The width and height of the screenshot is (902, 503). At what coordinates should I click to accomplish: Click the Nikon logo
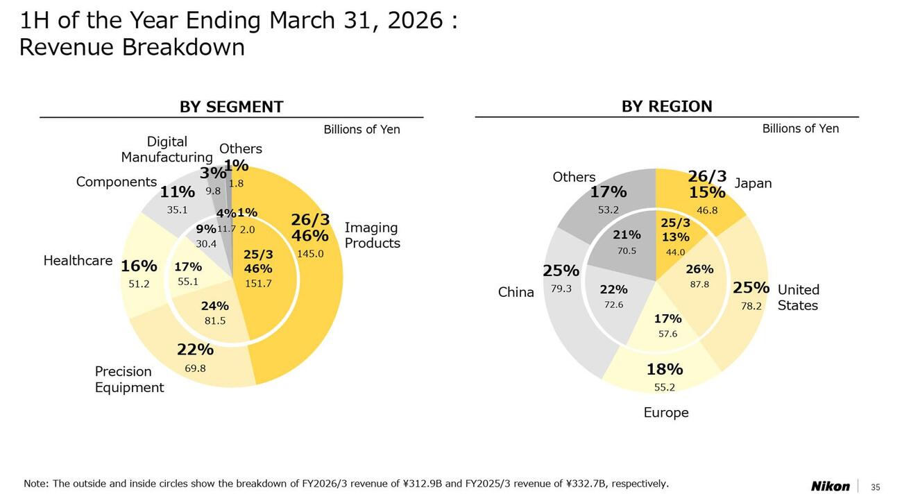[x=830, y=486]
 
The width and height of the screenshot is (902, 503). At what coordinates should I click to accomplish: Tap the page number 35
[x=875, y=486]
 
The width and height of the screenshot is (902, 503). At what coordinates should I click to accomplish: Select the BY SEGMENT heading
[x=231, y=107]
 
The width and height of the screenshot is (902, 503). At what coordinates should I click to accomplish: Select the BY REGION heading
[x=666, y=106]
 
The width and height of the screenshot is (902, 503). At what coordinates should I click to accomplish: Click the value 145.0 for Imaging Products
[x=310, y=254]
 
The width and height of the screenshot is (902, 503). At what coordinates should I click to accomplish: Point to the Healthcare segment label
[x=78, y=261]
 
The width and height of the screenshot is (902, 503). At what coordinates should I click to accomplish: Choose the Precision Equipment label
[x=129, y=380]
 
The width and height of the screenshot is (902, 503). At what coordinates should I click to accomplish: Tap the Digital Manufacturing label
[x=167, y=149]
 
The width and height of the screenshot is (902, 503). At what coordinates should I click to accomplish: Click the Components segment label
[x=117, y=182]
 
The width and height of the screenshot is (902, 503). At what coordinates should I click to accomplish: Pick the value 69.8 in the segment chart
[x=195, y=368]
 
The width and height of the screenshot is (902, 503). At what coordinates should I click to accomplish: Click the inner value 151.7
[x=258, y=283]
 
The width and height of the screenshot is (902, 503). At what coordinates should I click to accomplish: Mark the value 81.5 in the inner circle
[x=214, y=321]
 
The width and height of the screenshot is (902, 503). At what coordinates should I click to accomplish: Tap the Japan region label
[x=753, y=183]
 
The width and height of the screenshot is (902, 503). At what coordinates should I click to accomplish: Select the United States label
[x=798, y=298]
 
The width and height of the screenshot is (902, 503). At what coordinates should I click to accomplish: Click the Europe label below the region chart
[x=666, y=413]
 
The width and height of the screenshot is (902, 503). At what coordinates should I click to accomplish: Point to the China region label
[x=516, y=293]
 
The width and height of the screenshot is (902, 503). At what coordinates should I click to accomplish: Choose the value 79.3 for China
[x=561, y=289]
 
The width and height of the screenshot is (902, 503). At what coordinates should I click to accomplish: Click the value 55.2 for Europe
[x=665, y=387]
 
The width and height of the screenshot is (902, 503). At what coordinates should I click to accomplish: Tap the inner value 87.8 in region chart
[x=699, y=284]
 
